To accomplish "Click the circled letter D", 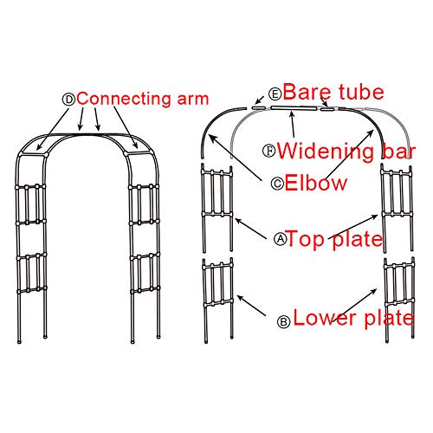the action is click(68, 100).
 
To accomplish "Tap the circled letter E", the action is click(275, 94).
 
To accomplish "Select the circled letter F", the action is click(269, 151).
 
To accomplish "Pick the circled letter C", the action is click(277, 184).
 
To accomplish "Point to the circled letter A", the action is click(281, 239).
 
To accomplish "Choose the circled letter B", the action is click(283, 321).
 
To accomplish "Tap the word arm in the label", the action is click(193, 100).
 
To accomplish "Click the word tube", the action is click(361, 92).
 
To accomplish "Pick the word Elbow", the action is click(316, 183).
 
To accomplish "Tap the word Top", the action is click(307, 240).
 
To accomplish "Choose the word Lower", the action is click(325, 318).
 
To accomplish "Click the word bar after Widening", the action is click(399, 151).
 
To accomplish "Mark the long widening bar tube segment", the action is click(294, 108).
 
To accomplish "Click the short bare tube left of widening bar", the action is click(258, 107).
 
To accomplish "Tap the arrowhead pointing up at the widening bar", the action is click(292, 114).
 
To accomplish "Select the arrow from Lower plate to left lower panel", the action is click(251, 306).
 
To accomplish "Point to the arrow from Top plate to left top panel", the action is click(250, 229).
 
